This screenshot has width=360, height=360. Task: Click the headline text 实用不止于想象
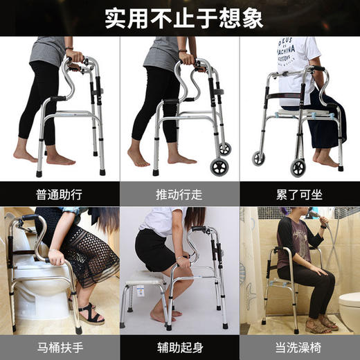(x=179, y=17)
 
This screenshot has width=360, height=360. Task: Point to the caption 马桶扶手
(x=60, y=344)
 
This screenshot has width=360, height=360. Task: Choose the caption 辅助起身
(x=179, y=344)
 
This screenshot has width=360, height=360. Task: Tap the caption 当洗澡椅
(x=299, y=344)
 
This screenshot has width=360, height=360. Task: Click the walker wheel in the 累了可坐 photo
(x=298, y=167)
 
